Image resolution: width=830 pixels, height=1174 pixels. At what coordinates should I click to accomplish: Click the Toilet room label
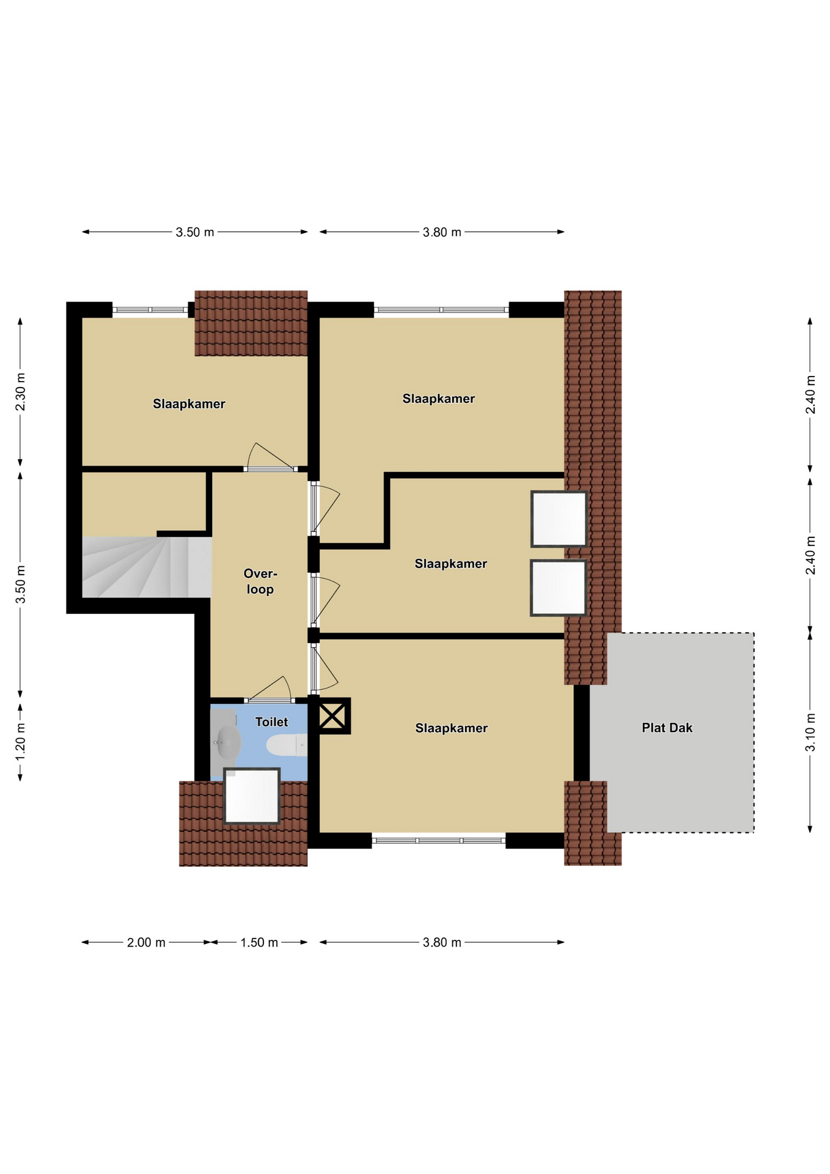(271, 722)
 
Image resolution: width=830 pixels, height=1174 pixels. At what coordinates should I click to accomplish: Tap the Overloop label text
(260, 581)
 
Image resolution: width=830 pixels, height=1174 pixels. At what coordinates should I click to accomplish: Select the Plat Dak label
(667, 728)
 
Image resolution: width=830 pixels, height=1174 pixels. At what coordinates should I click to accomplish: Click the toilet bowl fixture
(287, 745)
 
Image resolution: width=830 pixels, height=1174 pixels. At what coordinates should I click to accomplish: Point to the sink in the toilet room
(227, 743)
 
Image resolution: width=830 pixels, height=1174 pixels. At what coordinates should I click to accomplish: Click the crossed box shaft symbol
(332, 716)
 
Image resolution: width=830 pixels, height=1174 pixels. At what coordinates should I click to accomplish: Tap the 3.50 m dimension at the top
(195, 232)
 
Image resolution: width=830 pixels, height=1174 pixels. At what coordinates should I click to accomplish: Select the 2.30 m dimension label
(20, 391)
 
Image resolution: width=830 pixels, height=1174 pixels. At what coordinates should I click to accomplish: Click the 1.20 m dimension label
(20, 742)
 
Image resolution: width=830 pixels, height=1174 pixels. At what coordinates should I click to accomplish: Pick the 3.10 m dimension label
(810, 732)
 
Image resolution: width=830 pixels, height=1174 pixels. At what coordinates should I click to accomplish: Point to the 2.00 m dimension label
(146, 942)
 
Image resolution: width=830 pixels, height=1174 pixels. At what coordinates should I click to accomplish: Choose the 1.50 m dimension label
(259, 942)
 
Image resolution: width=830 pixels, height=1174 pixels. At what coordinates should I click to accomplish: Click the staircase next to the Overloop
(147, 567)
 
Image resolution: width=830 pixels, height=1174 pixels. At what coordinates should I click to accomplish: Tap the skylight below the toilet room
(252, 796)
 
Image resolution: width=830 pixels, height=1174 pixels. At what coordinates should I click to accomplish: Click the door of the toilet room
(270, 690)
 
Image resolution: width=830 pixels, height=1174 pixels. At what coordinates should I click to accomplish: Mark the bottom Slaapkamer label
(452, 728)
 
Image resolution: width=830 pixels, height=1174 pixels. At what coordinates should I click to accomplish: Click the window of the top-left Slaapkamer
(150, 310)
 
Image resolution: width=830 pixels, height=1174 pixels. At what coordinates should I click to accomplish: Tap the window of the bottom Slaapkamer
(439, 841)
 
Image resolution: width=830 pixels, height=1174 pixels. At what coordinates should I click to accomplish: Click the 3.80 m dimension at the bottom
(442, 942)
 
